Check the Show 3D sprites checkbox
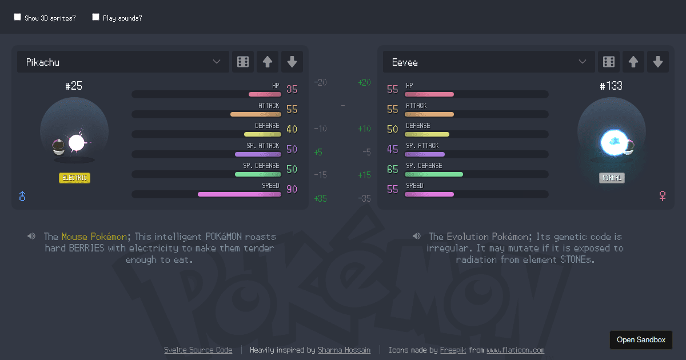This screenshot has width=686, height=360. (x=17, y=17)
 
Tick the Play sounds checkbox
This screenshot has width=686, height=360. (x=95, y=17)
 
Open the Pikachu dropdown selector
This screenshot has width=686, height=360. (x=123, y=62)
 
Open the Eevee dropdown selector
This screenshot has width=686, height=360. (x=489, y=62)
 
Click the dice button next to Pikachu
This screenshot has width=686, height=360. (x=242, y=62)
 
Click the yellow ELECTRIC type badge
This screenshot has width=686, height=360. (x=74, y=178)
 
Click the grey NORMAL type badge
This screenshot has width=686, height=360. (x=612, y=178)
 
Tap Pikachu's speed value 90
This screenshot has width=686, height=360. (x=292, y=189)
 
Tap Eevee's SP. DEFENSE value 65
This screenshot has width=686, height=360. (x=392, y=169)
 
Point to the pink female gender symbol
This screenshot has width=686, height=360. (x=663, y=196)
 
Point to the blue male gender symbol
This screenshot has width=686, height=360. (x=22, y=196)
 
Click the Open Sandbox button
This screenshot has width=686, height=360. (x=641, y=339)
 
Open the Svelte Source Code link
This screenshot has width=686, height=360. (x=198, y=350)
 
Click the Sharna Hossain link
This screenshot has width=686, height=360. (x=344, y=350)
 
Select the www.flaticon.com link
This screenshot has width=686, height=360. (x=515, y=350)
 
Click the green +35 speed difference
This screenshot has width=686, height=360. (x=320, y=198)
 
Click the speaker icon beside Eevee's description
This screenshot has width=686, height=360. (x=417, y=236)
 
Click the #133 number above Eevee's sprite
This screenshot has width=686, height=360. (x=611, y=86)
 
